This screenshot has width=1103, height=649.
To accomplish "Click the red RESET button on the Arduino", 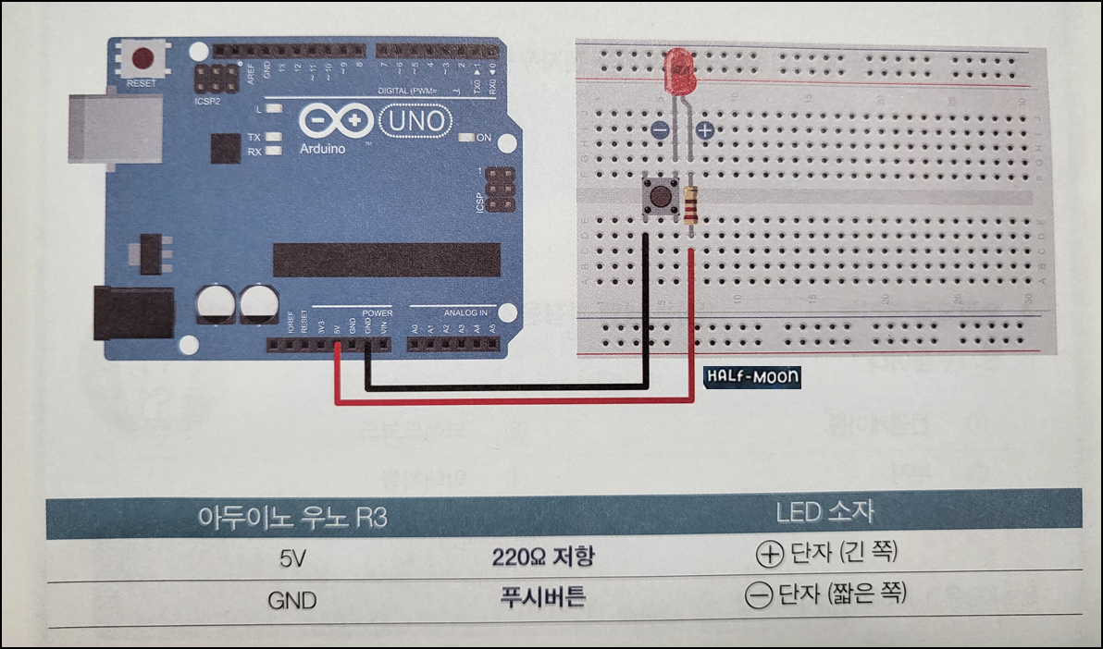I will (x=143, y=60).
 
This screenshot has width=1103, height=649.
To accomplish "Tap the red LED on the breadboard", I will (x=680, y=70).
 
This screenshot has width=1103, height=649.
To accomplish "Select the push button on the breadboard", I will (x=659, y=196).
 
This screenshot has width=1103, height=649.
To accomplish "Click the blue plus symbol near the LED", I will (x=705, y=131).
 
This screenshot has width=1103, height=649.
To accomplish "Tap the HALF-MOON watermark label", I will (x=751, y=377).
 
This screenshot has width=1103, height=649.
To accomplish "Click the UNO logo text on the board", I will (x=415, y=120).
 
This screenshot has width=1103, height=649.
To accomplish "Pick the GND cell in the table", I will (x=292, y=600).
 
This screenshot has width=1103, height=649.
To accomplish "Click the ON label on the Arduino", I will (x=483, y=138).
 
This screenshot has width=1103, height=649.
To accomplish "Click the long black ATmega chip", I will (x=387, y=260).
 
